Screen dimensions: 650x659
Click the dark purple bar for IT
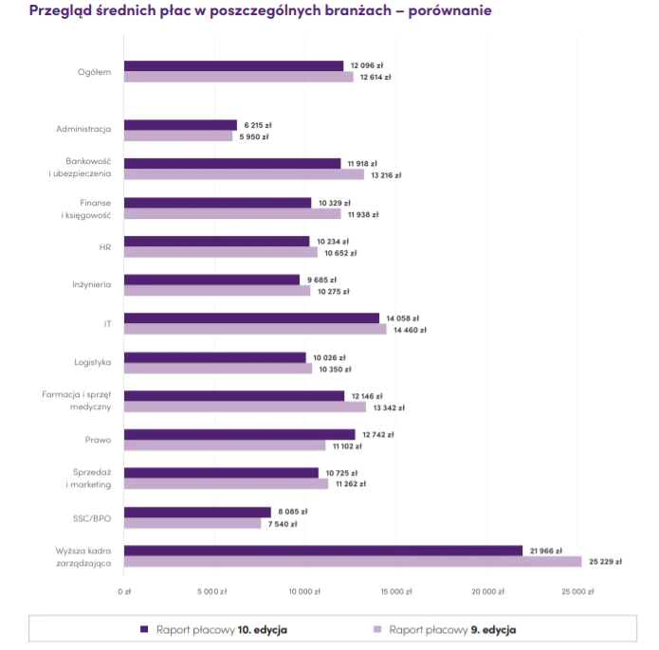[x=251, y=318]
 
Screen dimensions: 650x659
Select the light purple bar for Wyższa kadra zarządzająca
[x=352, y=562]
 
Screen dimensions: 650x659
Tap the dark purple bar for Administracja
[x=180, y=125]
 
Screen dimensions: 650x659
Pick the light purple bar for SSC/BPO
[x=192, y=523]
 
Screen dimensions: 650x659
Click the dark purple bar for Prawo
[x=239, y=435]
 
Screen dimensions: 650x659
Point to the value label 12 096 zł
[x=366, y=65]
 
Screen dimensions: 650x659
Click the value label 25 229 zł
[x=605, y=562]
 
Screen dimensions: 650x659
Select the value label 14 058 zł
[x=402, y=318]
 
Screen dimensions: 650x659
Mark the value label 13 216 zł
[x=385, y=175]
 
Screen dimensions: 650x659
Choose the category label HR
[x=105, y=246]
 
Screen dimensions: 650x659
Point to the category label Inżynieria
[x=92, y=284]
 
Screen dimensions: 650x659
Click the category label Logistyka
[x=93, y=362]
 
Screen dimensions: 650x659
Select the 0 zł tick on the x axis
[x=124, y=591]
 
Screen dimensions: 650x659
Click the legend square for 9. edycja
[x=377, y=628]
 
